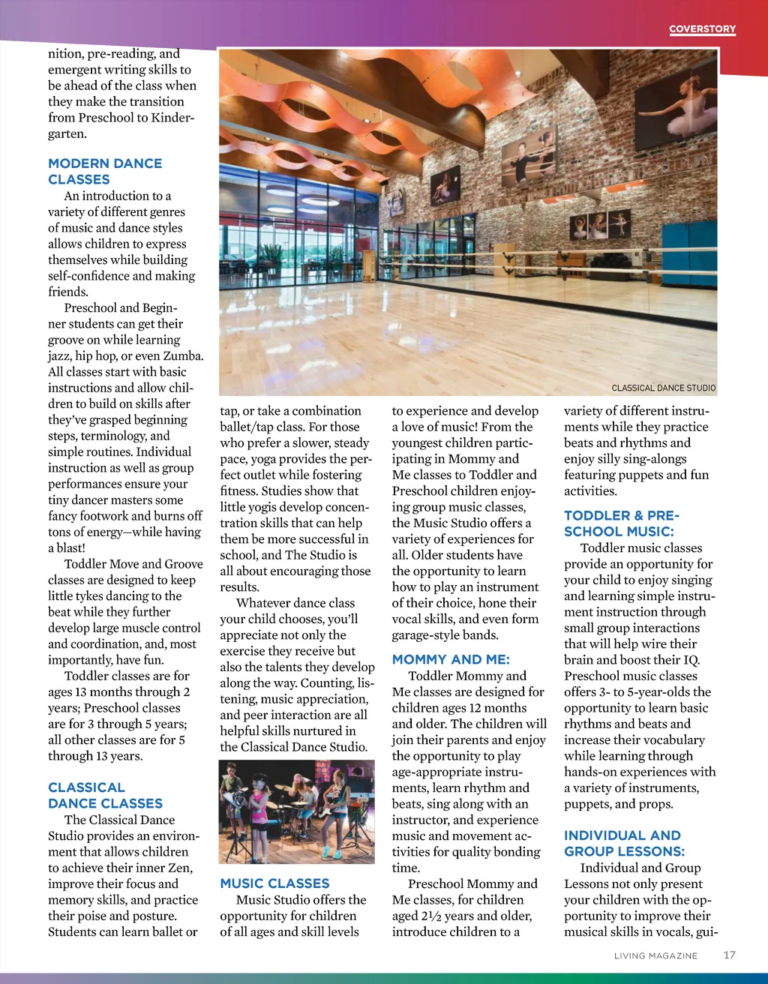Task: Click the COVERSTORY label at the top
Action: point(702,29)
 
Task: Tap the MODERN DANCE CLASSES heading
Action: point(104,171)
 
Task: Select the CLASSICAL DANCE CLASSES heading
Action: point(105,795)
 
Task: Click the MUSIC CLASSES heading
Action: point(274,883)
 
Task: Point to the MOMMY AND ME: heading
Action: point(450,659)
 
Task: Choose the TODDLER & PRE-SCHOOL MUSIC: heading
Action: point(621,523)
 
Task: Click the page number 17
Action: point(729,955)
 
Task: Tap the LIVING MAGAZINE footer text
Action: point(655,955)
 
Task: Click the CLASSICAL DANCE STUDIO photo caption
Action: point(663,388)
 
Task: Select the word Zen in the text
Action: point(180,868)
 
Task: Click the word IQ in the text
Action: point(691,660)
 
